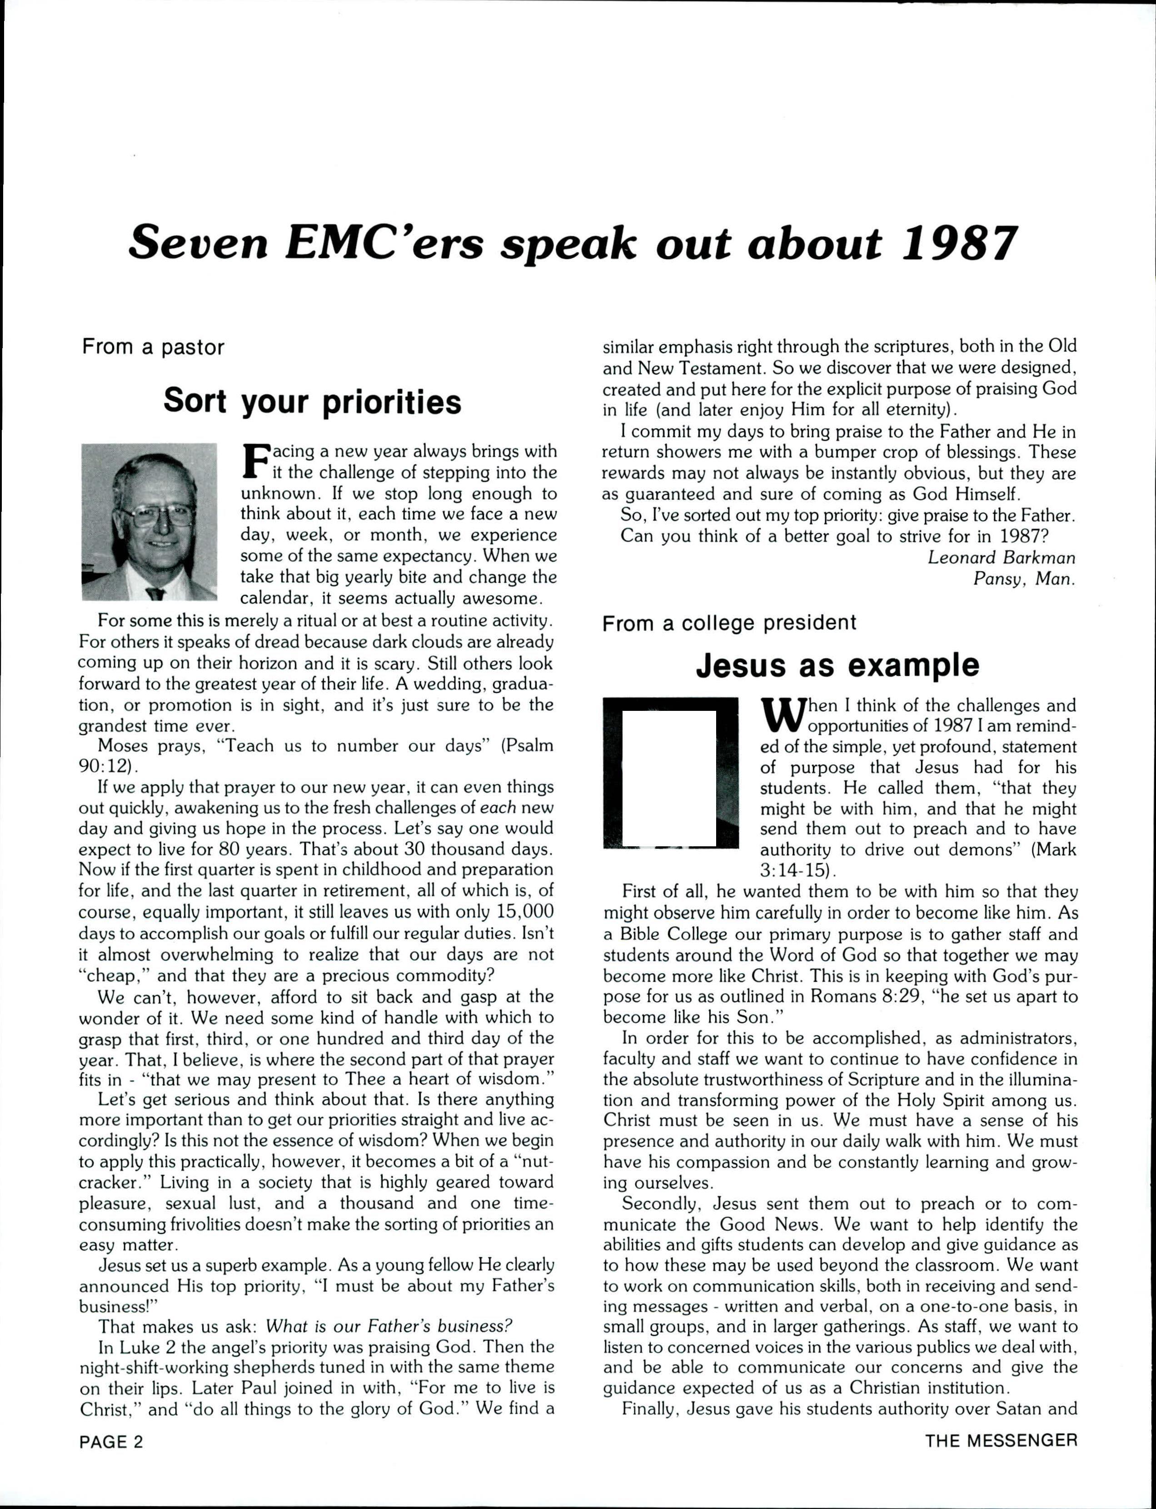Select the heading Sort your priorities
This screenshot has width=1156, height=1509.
point(312,401)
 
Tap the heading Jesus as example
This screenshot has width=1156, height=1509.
point(837,665)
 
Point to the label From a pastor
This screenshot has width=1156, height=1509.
point(153,347)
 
